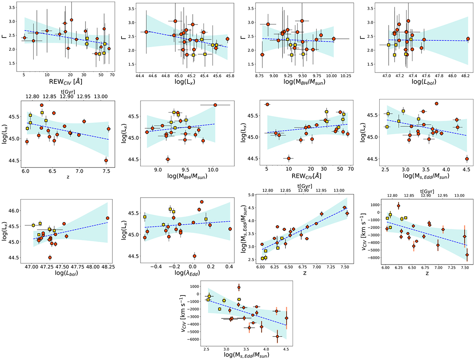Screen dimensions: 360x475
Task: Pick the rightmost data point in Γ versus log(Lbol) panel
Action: pos(468,39)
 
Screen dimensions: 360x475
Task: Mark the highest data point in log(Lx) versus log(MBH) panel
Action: pos(215,105)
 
